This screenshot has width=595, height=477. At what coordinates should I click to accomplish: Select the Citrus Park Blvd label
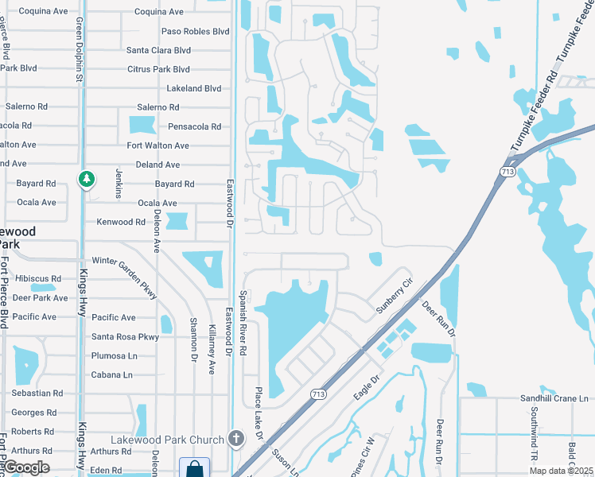[159, 69]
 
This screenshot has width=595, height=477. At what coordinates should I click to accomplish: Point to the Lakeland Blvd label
[190, 88]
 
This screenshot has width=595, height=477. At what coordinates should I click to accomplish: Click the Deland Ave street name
[158, 165]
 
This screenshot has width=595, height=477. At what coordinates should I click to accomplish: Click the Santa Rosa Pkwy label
[126, 336]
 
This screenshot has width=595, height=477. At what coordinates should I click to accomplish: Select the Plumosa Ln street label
[115, 355]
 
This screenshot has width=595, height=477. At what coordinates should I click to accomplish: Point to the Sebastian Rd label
[37, 394]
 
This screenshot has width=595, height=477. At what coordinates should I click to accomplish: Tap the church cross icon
[235, 438]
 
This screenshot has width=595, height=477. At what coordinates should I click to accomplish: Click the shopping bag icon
[194, 469]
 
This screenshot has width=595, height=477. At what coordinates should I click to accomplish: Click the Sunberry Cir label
[395, 295]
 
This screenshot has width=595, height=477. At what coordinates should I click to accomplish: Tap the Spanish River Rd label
[243, 323]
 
